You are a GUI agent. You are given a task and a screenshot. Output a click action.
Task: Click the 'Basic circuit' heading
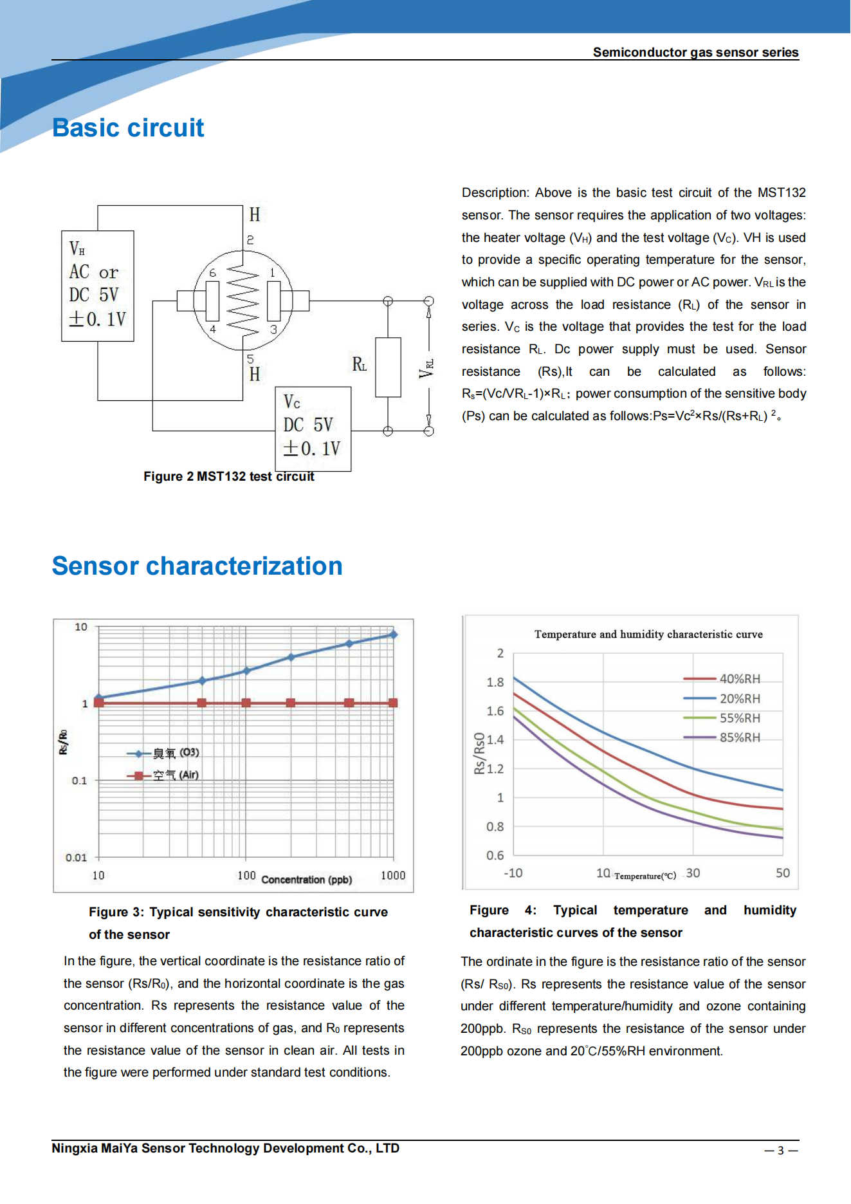click(x=128, y=128)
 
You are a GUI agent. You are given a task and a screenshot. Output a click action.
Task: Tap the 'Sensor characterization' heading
click(x=197, y=566)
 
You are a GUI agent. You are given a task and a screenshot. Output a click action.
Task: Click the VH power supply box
click(x=98, y=286)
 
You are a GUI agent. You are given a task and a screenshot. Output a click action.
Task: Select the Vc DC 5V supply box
click(x=313, y=429)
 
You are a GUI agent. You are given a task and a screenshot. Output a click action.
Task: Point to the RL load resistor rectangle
click(x=388, y=367)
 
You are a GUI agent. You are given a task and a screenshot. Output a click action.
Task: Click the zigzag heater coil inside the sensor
click(x=242, y=301)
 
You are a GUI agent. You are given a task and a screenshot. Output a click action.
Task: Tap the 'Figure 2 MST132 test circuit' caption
click(x=228, y=477)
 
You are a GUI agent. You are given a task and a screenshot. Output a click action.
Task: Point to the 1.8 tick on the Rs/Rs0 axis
click(x=495, y=682)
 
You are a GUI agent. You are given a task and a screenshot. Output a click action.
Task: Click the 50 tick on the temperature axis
click(x=782, y=873)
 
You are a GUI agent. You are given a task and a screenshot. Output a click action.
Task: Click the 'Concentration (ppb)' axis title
click(x=306, y=880)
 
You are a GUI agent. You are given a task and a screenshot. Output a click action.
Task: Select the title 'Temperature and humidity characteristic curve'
click(x=648, y=634)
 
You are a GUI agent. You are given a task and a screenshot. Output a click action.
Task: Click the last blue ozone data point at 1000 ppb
click(x=393, y=634)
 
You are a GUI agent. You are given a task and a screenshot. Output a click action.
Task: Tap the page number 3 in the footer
click(x=780, y=1151)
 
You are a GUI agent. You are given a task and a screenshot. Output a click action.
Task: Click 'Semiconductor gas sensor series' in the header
click(x=695, y=53)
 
